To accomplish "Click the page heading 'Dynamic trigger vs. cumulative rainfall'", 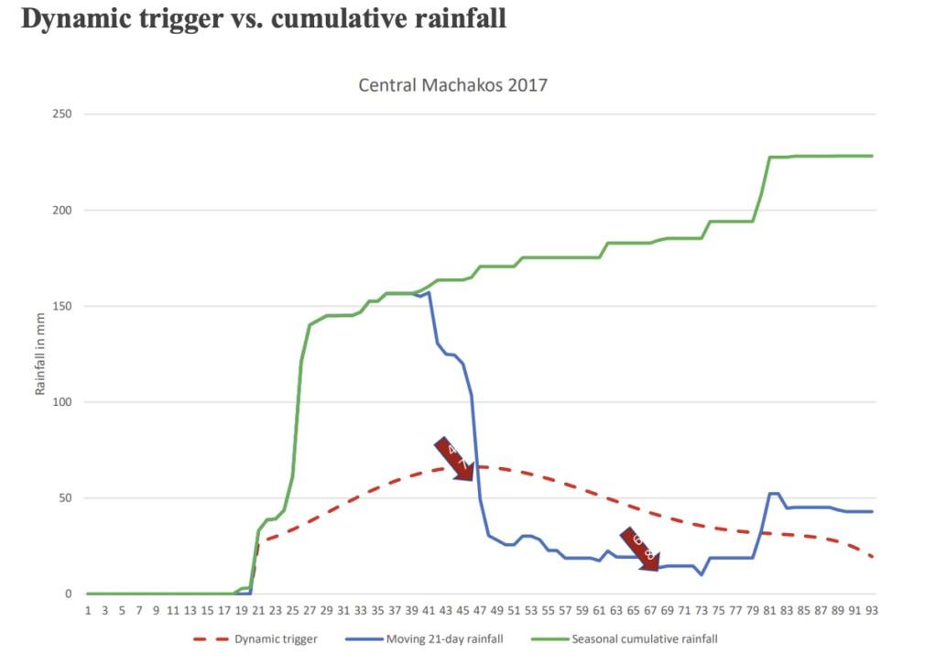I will click(x=264, y=19).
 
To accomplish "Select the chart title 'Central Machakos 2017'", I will click(x=452, y=86).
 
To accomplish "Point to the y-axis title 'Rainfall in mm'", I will click(x=40, y=354).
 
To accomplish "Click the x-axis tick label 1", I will click(x=88, y=610).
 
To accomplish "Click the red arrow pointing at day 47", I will click(x=455, y=459).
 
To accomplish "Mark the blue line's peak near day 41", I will click(x=428, y=293).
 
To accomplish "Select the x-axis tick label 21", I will click(x=258, y=610).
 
